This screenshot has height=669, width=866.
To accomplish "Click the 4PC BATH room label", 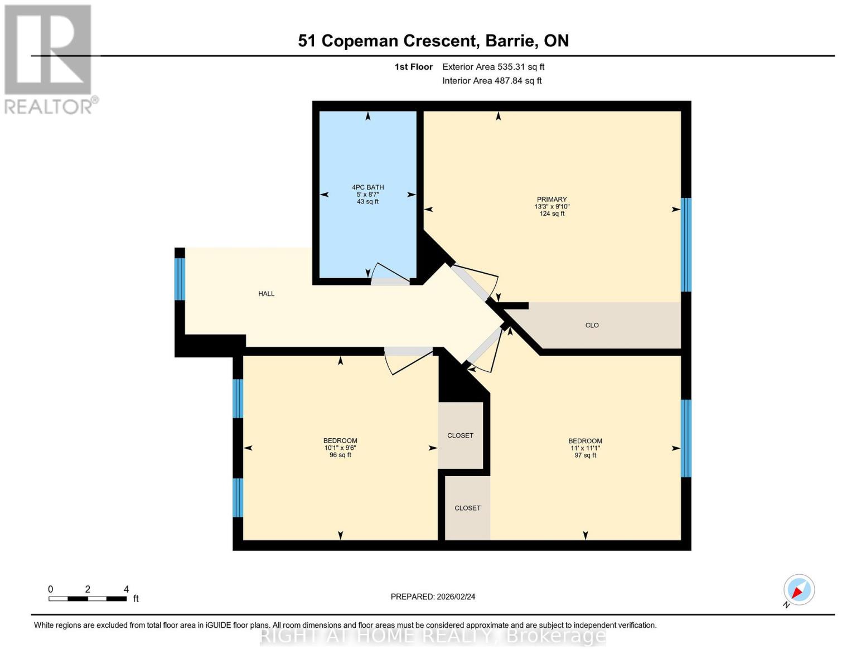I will pyautogui.click(x=367, y=187).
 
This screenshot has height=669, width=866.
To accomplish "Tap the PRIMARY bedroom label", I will pyautogui.click(x=551, y=200).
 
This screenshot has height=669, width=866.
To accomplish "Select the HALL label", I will pyautogui.click(x=266, y=294).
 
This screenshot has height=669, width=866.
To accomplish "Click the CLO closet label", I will pyautogui.click(x=592, y=325).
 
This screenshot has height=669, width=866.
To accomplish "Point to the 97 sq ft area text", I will pyautogui.click(x=585, y=455).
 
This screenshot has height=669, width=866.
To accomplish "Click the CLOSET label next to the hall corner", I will pyautogui.click(x=460, y=435).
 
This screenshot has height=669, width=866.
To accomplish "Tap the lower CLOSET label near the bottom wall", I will pyautogui.click(x=467, y=508).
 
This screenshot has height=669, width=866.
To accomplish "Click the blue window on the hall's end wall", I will pyautogui.click(x=180, y=279).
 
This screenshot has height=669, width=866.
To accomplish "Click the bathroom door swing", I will pyautogui.click(x=390, y=274).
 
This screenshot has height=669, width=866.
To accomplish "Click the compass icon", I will pyautogui.click(x=799, y=590).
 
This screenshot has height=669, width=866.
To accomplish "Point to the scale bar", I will pyautogui.click(x=88, y=599).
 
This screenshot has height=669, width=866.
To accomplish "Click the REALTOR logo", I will pyautogui.click(x=49, y=59).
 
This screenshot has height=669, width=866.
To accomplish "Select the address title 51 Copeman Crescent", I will pyautogui.click(x=433, y=41).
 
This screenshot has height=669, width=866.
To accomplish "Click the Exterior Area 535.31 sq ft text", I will pyautogui.click(x=493, y=67).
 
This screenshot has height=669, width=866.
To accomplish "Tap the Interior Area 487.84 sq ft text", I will pyautogui.click(x=492, y=81).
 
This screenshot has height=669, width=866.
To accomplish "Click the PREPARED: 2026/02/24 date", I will pyautogui.click(x=433, y=597).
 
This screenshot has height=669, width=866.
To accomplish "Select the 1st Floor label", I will pyautogui.click(x=413, y=67).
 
